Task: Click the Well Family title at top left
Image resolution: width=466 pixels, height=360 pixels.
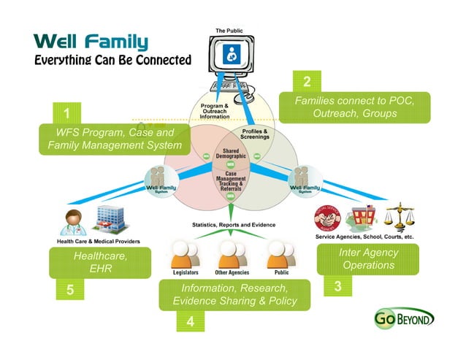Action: (91, 42)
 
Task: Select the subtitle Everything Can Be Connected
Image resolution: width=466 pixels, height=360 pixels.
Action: (112, 60)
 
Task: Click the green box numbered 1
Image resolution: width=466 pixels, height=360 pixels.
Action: (66, 115)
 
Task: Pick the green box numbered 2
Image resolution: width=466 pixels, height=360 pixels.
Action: (308, 81)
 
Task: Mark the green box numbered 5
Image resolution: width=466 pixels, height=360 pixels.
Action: (69, 290)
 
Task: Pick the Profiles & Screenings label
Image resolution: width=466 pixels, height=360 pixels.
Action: (254, 134)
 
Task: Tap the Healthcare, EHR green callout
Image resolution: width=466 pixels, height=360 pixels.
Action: (100, 262)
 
